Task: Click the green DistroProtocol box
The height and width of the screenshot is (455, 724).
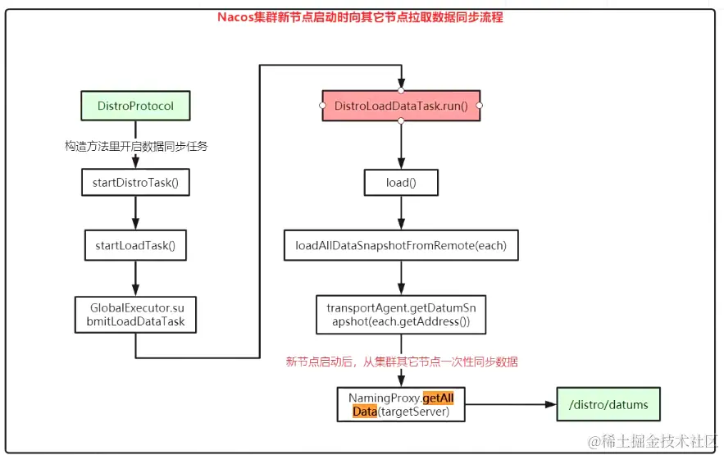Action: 135,107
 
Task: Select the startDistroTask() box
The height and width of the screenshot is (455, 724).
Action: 135,182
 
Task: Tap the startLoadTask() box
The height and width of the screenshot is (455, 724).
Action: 135,244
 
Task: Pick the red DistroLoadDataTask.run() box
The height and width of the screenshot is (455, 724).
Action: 401,107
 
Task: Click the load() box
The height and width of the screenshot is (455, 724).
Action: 401,182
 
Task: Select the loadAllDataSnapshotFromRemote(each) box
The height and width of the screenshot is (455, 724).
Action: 401,246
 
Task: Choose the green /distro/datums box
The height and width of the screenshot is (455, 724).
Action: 607,405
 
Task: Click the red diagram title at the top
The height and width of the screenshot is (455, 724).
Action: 360,17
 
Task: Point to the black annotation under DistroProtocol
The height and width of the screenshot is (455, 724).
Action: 136,146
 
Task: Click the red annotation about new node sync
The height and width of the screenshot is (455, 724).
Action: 401,362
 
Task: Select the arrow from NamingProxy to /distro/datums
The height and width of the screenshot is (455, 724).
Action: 508,405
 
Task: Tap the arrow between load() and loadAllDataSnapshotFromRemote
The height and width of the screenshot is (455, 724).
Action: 401,216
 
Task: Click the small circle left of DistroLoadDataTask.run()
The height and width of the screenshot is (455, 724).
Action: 323,107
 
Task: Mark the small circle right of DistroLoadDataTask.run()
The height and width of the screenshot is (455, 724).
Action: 480,107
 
